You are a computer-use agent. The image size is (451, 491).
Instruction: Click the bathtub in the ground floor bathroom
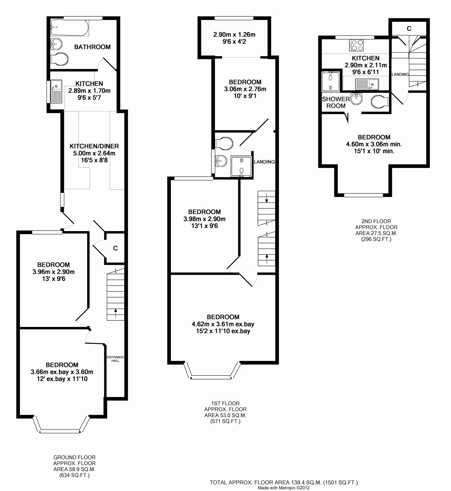click(69, 28)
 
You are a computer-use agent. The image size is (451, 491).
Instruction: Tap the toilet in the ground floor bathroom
click(60, 59)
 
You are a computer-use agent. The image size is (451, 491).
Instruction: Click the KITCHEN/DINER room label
click(94, 146)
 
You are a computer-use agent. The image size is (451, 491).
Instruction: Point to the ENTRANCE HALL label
click(115, 359)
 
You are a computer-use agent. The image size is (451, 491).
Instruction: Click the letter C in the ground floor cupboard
click(116, 248)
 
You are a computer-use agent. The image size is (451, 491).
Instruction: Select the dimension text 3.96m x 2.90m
click(54, 272)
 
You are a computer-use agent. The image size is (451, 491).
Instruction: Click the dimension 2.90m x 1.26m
click(234, 35)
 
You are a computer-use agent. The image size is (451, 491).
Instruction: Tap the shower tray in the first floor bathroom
click(241, 166)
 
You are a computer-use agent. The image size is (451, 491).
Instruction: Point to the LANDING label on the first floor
click(264, 162)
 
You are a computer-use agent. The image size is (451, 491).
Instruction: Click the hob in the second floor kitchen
click(356, 45)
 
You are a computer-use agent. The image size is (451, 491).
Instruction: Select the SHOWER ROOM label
click(336, 102)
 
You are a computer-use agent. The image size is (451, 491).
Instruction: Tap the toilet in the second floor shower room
click(379, 101)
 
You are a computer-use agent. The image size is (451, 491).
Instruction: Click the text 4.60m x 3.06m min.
click(374, 144)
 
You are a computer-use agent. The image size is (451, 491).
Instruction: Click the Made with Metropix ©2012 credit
click(284, 488)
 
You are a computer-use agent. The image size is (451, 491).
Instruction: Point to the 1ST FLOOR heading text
click(225, 403)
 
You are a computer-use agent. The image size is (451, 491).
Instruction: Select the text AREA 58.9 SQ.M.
click(74, 469)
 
